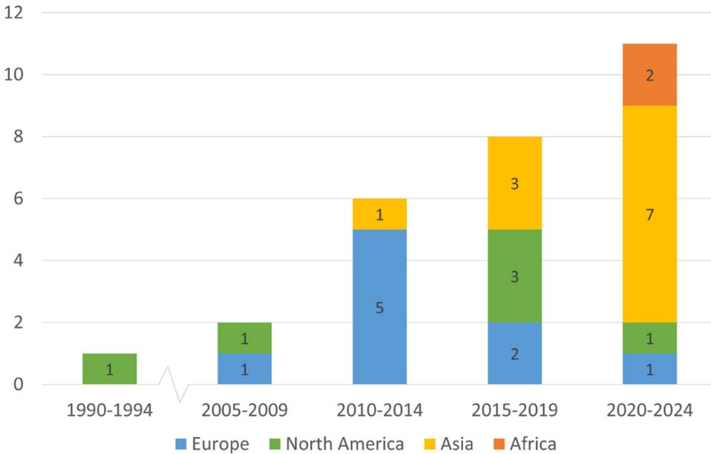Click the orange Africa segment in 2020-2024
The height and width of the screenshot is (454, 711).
(650, 75)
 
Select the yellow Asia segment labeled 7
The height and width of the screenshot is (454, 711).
(650, 214)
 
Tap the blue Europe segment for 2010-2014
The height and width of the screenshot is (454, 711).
(379, 307)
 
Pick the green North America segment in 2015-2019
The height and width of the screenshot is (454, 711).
(515, 276)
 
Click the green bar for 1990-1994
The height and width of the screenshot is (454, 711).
(109, 369)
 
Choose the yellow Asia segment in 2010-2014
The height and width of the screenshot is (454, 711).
(379, 214)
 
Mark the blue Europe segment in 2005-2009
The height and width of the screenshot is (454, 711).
(244, 369)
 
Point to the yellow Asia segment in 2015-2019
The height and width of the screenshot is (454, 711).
(515, 184)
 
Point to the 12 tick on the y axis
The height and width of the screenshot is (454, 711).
(16, 13)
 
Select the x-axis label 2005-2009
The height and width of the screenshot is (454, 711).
(244, 411)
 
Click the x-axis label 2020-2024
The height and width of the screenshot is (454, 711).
(650, 411)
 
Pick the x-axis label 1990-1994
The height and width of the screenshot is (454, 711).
(109, 411)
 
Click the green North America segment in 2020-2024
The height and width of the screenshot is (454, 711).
(650, 338)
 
